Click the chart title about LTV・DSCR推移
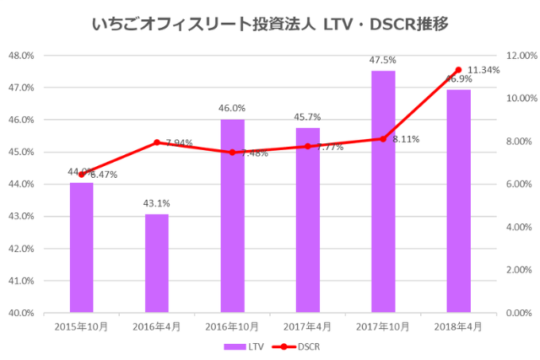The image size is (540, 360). [269, 24]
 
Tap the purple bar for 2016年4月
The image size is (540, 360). [156, 263]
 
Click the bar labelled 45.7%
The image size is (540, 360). [307, 220]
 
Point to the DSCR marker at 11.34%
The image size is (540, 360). [458, 70]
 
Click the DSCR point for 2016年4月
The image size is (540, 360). [156, 142]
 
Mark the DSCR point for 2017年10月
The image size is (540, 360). [383, 139]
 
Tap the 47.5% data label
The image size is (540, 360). [383, 60]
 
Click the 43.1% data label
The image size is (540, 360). [156, 203]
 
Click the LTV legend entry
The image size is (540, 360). [244, 346]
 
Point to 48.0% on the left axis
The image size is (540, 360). [20, 56]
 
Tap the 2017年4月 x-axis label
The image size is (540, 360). [307, 325]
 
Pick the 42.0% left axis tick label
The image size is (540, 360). [20, 249]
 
